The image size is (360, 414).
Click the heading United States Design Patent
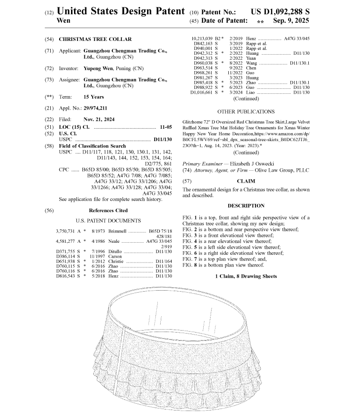(x=121, y=10)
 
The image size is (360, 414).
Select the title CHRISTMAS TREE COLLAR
(x=95, y=38)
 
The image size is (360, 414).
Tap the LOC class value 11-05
(x=165, y=127)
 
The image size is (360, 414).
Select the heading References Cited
(x=108, y=210)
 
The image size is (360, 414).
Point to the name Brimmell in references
(x=115, y=231)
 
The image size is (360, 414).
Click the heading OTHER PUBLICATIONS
(x=246, y=112)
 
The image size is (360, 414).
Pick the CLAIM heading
(x=246, y=181)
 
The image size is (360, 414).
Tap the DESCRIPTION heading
(x=246, y=206)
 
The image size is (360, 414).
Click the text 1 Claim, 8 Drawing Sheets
(x=246, y=276)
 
